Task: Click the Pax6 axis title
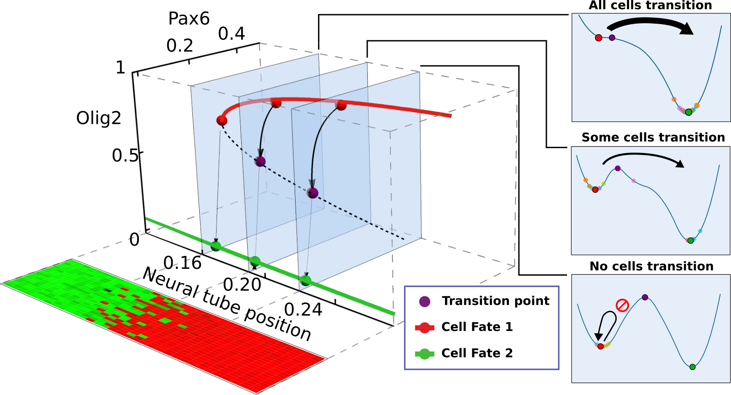189,19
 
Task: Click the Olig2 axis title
99,118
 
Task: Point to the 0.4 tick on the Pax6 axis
232,34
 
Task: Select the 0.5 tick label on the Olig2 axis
125,155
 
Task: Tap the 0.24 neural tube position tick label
303,310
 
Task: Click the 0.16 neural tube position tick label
182,263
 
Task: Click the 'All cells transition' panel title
650,5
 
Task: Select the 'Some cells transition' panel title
653,137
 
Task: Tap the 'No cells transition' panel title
652,266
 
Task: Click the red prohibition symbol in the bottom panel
622,305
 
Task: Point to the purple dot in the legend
424,301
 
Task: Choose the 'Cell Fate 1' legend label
477,327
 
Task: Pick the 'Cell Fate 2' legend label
477,353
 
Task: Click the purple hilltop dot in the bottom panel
645,297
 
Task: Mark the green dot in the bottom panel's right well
692,367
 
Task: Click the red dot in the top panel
599,37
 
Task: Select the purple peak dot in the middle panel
618,168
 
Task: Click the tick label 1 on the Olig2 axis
120,68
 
